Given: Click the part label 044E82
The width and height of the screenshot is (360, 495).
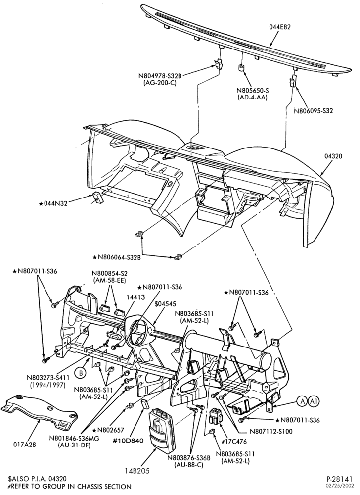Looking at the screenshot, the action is tap(280, 27).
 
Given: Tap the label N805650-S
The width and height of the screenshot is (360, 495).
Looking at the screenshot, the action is tap(252, 91).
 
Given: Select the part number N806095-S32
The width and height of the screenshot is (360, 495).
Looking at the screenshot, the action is tap(314, 111).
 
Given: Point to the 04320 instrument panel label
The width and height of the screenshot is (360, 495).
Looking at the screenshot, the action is tap(333, 156).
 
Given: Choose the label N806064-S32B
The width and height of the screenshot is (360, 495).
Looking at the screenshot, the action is tap(117, 257).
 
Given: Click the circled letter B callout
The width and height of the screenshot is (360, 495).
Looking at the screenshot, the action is tap(81, 373).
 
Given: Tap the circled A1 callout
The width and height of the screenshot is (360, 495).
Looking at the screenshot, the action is tap(314, 401).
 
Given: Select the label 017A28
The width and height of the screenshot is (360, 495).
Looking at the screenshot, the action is tap(24, 444).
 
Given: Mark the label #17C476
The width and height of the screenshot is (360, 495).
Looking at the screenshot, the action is tap(234, 442).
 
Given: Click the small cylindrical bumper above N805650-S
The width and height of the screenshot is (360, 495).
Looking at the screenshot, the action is tap(241, 68).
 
